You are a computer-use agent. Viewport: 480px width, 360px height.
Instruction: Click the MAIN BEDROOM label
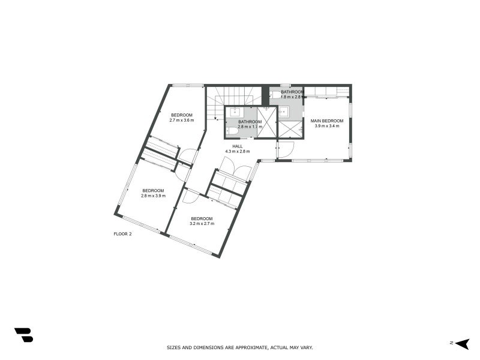(327, 121)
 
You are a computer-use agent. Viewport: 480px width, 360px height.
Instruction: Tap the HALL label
(238, 146)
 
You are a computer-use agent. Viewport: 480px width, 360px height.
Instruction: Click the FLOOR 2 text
(122, 233)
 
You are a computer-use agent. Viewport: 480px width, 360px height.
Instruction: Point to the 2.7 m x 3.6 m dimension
(181, 121)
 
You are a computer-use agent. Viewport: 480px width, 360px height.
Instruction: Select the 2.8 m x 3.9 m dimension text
(153, 196)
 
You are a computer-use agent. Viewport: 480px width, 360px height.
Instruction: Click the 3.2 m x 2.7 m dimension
(202, 224)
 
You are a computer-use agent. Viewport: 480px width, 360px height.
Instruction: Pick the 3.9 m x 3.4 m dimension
(327, 126)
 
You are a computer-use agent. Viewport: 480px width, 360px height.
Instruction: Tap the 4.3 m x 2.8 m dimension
(238, 152)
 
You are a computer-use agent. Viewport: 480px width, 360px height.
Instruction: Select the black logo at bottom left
(23, 335)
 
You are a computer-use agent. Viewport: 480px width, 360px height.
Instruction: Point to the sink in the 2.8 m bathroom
(234, 112)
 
